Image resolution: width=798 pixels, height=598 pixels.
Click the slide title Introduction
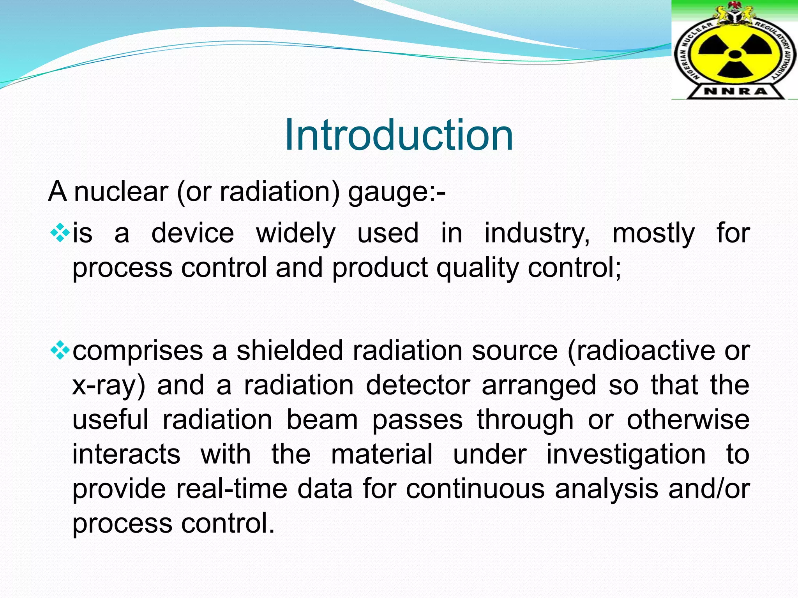pos(399,135)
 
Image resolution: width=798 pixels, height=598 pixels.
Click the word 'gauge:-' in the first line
pos(397,192)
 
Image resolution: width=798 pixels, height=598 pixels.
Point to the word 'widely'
pos(295,234)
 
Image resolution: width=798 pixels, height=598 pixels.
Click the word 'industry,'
pos(537,234)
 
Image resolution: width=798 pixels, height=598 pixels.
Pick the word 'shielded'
pos(290,351)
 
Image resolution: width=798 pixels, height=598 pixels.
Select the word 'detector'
pos(418,385)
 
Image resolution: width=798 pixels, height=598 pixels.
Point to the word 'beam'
pos(322,420)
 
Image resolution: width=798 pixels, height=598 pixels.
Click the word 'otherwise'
pos(688,420)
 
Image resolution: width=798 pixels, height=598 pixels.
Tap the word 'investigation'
pos(626,454)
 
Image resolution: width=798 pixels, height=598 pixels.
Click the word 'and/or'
pos(709,489)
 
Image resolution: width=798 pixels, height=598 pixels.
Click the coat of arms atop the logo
pos(735,16)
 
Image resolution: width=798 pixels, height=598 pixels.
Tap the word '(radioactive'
pos(641,351)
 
